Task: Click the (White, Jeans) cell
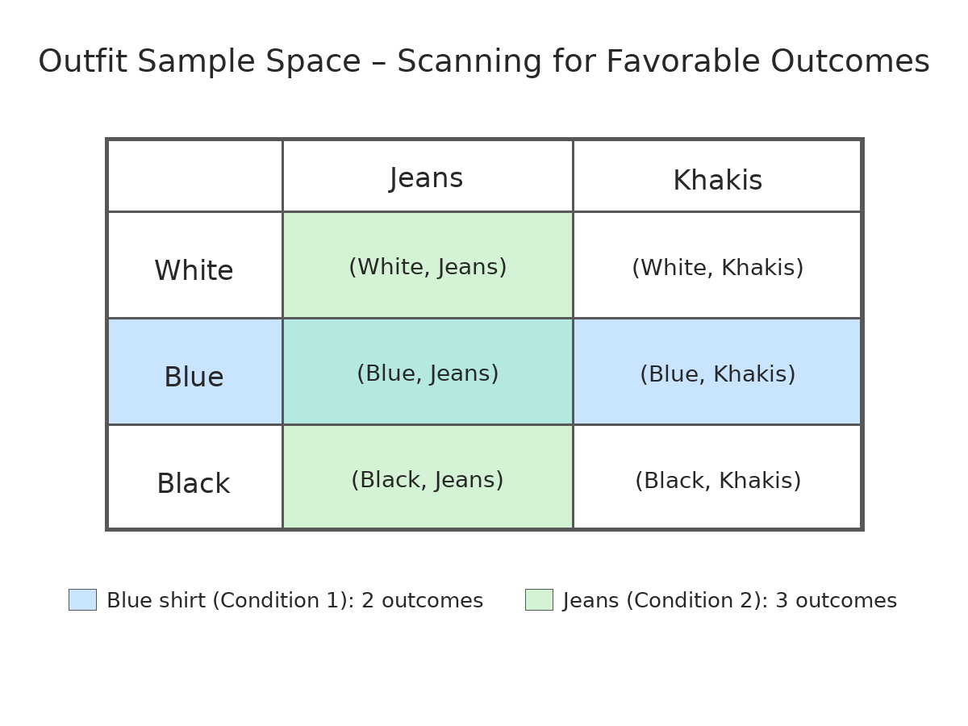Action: (428, 265)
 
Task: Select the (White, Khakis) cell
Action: (717, 265)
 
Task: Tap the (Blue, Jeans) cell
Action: (428, 372)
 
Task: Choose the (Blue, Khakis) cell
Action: (717, 372)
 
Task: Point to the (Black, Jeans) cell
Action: (428, 477)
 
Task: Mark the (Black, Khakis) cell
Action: (717, 477)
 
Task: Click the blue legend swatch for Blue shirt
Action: (82, 599)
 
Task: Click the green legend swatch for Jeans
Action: (539, 599)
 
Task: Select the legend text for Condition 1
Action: (295, 600)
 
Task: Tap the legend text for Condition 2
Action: (730, 600)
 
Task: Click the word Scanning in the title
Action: (469, 62)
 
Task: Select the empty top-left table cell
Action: (195, 176)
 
